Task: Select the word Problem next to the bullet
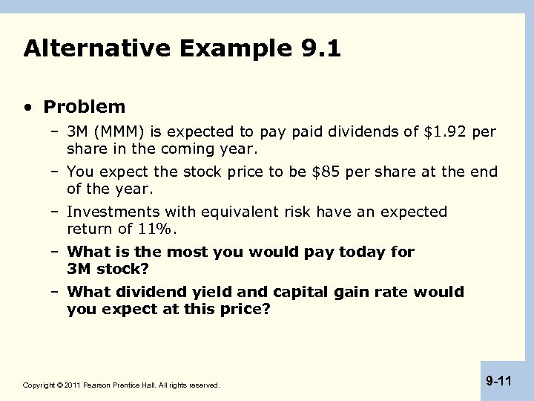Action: (x=85, y=107)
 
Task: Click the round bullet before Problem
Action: (x=28, y=108)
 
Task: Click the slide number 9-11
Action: (x=499, y=382)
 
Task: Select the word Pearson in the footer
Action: (x=102, y=385)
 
